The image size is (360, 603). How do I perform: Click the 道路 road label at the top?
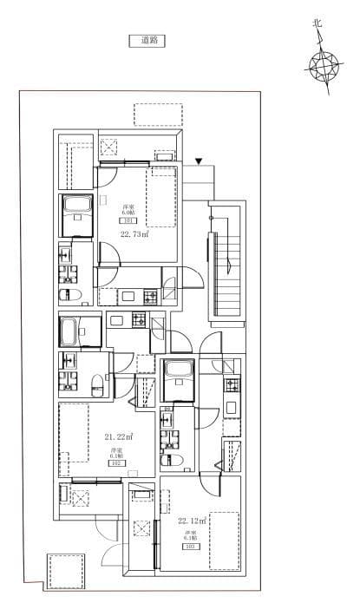146,40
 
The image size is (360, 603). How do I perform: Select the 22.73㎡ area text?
134,233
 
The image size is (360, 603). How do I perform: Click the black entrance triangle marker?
199,161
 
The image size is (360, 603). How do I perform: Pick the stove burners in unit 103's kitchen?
231,385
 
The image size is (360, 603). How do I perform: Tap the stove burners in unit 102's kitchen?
140,319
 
